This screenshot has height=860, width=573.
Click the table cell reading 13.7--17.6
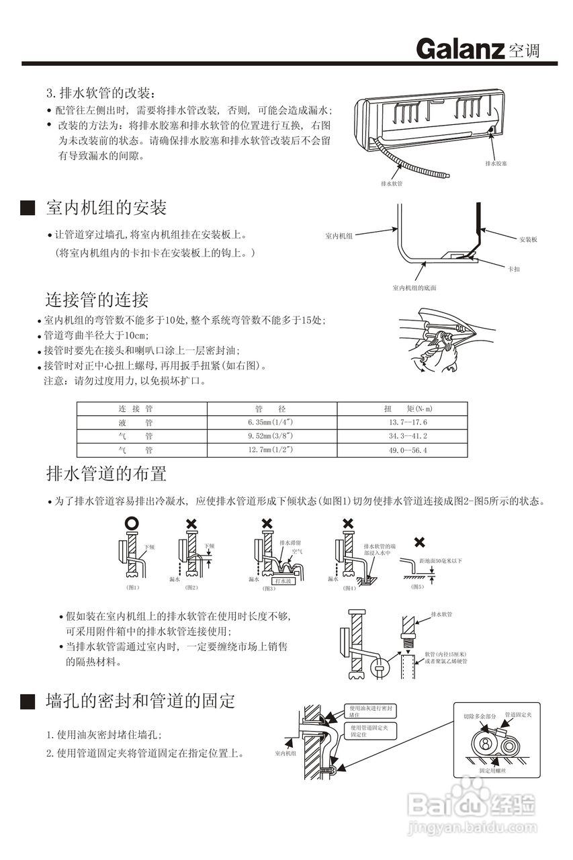coord(408,422)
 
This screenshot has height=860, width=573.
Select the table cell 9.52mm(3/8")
coord(271,436)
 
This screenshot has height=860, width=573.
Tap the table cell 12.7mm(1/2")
coord(271,449)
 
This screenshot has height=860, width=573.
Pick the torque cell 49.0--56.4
coord(408,449)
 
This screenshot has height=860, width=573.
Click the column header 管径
coord(271,408)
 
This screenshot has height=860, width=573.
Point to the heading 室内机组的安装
coord(106,207)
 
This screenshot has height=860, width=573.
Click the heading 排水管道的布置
coord(106,474)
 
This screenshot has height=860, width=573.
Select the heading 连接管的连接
coord(97,299)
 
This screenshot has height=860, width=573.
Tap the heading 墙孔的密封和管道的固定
coord(140,701)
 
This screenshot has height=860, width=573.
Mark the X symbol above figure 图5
coord(420,542)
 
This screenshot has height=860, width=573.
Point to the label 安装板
coord(528,239)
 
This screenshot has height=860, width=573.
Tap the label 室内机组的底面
coord(414,288)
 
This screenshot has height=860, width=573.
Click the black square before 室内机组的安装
coord(28,208)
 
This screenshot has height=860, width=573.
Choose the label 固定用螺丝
coord(492,770)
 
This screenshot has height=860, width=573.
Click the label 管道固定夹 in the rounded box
coord(517,714)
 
